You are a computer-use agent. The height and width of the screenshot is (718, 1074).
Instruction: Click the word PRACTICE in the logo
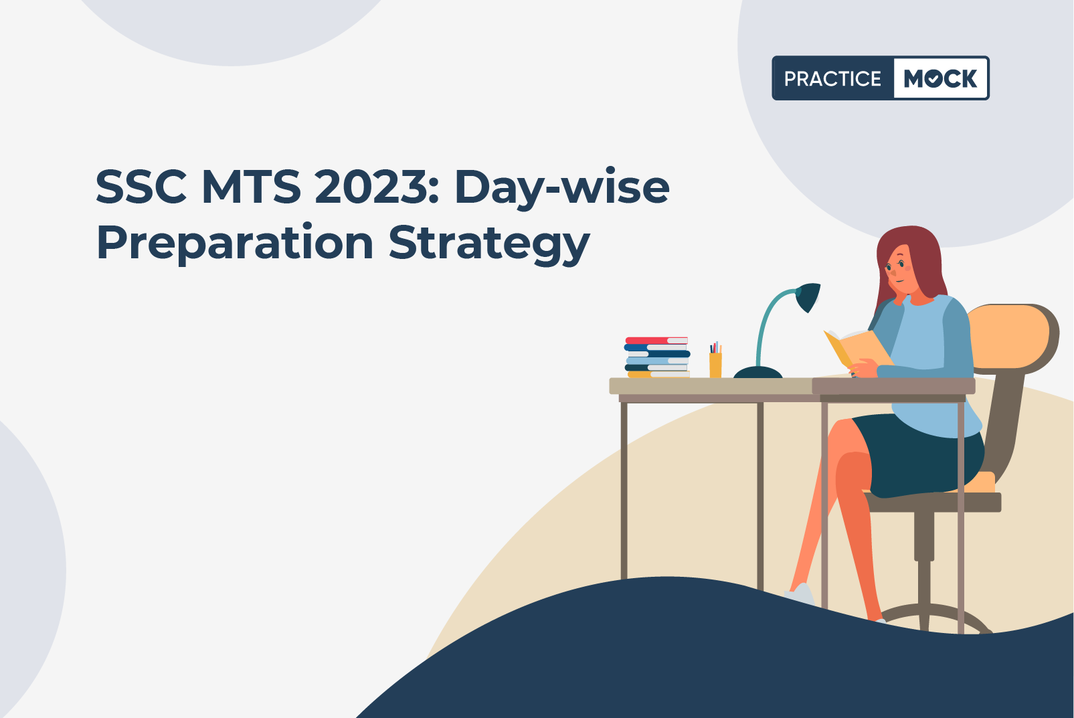pos(832,78)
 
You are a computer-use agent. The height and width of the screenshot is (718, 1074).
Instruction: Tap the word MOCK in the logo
pos(940,78)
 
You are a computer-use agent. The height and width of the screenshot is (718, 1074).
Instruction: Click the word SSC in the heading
pos(141,187)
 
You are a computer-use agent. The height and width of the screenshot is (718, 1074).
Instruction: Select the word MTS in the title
pos(251,187)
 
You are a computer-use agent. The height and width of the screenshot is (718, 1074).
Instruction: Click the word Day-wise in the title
pos(561,189)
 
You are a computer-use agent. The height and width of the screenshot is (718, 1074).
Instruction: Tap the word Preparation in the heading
pos(234,243)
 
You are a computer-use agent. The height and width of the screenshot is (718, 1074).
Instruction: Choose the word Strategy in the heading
pos(489,243)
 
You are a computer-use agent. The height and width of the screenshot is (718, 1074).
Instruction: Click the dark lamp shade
pos(808,296)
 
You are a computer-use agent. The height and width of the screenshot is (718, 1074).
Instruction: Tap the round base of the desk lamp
pos(758,373)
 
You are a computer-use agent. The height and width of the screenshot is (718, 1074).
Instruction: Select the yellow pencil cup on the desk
pos(715,365)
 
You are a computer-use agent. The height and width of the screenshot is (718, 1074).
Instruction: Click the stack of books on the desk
pos(657,357)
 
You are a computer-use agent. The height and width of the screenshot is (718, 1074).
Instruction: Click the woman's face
pos(900,271)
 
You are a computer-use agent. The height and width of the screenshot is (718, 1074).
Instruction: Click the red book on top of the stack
pos(656,341)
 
